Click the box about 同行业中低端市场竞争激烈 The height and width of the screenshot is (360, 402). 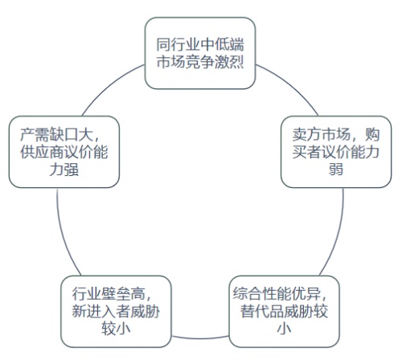pos(200,53)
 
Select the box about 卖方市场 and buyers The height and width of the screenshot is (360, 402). pos(336,152)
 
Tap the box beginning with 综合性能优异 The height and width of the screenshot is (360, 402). pos(284,311)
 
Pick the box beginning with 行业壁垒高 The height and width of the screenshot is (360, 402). pos(116,311)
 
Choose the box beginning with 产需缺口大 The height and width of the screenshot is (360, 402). pos(64,152)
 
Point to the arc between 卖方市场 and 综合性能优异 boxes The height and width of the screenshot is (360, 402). pos(337,233)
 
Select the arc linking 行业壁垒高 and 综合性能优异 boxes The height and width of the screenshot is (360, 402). pos(200,338)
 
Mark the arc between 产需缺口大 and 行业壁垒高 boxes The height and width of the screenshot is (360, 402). pos(64,233)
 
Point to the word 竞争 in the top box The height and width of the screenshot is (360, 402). pos(200,62)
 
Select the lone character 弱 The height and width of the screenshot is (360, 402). pos(336,170)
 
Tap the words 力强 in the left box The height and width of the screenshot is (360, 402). pos(64,170)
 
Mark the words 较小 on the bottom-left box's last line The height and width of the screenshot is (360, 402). pos(116,329)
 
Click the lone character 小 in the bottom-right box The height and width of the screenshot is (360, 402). pos(284,329)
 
